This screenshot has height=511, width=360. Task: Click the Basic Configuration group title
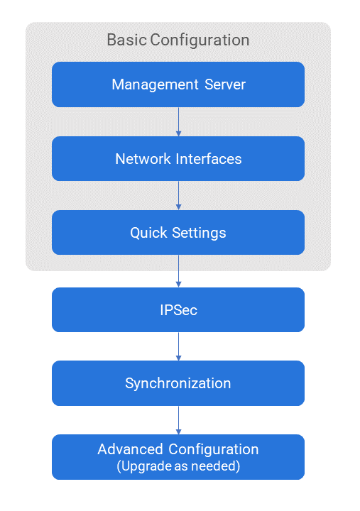(x=178, y=40)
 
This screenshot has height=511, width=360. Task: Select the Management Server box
(x=178, y=84)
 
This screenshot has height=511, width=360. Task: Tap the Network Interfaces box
(x=178, y=159)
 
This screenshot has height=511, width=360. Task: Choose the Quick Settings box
(x=178, y=232)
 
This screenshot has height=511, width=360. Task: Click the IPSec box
(x=178, y=309)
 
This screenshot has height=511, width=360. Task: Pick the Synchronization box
(x=178, y=383)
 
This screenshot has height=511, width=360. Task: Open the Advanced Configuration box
(x=178, y=457)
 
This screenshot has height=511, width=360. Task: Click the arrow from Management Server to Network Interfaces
(x=178, y=122)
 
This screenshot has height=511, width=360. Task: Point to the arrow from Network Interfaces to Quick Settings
(x=178, y=196)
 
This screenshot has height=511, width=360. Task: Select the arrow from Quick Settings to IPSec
(x=178, y=271)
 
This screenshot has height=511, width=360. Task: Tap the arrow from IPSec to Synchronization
(x=178, y=346)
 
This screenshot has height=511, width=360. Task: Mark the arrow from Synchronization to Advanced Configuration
(x=178, y=420)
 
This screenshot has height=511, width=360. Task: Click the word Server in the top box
(x=225, y=84)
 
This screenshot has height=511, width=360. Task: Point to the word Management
(x=155, y=85)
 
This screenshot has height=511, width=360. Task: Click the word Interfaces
(x=209, y=159)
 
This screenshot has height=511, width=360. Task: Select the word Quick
(x=148, y=233)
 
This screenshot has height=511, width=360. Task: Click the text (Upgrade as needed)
(x=178, y=466)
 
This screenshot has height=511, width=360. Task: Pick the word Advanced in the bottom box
(x=130, y=449)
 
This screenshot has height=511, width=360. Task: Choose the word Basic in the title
(x=126, y=40)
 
